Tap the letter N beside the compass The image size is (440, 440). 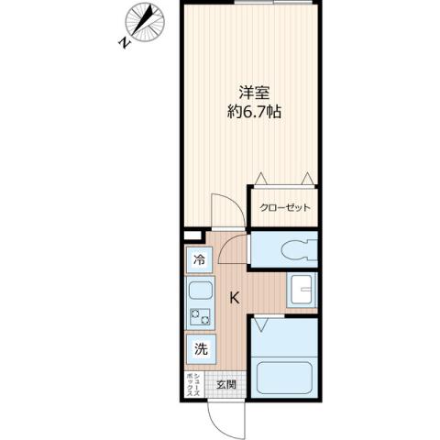[x=124, y=42]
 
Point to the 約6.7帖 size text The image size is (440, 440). [x=255, y=113]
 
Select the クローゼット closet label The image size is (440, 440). [x=285, y=208]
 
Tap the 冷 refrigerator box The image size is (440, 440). [x=198, y=260]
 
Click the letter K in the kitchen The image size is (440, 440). [x=234, y=298]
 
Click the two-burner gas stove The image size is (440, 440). [x=200, y=319]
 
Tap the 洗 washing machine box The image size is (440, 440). [x=200, y=348]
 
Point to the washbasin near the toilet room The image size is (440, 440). [x=300, y=291]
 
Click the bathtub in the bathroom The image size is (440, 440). [x=286, y=379]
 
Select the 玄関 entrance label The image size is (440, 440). [x=225, y=385]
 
